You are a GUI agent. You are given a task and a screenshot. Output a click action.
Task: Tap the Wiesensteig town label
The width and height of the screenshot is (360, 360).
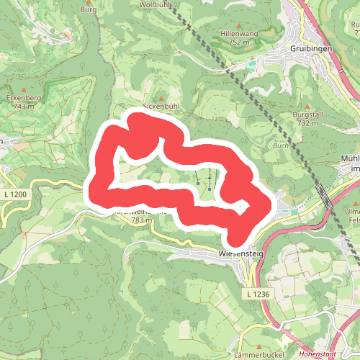coord(238,254)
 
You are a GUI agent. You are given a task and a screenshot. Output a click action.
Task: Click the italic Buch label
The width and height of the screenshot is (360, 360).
coord(280,145)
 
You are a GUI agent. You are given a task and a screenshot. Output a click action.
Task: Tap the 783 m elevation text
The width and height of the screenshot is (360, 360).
coord(142,220)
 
